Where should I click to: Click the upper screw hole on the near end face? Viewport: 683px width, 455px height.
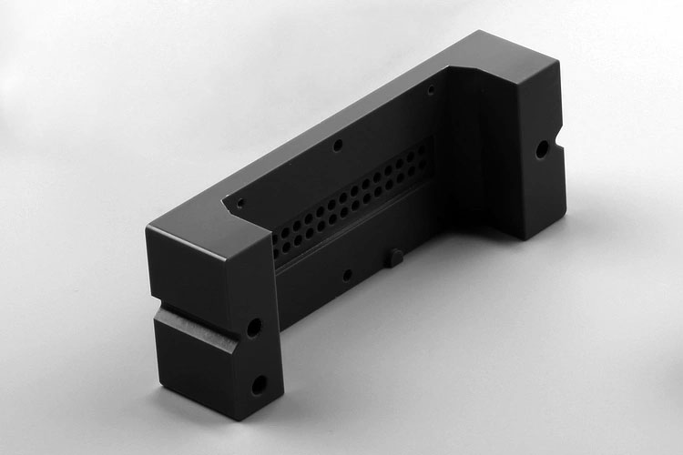[x=253, y=327]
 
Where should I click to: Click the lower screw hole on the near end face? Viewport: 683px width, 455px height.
[x=259, y=385]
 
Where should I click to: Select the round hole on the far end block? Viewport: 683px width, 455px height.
[x=543, y=149]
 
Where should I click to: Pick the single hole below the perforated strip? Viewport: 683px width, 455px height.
[x=347, y=274]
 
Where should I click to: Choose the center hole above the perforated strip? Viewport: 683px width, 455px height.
[x=338, y=145]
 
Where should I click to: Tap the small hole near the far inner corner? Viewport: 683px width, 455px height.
[x=432, y=88]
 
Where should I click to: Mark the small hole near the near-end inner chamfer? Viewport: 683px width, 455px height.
[x=240, y=204]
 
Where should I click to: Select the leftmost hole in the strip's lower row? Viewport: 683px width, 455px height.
[x=277, y=248]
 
